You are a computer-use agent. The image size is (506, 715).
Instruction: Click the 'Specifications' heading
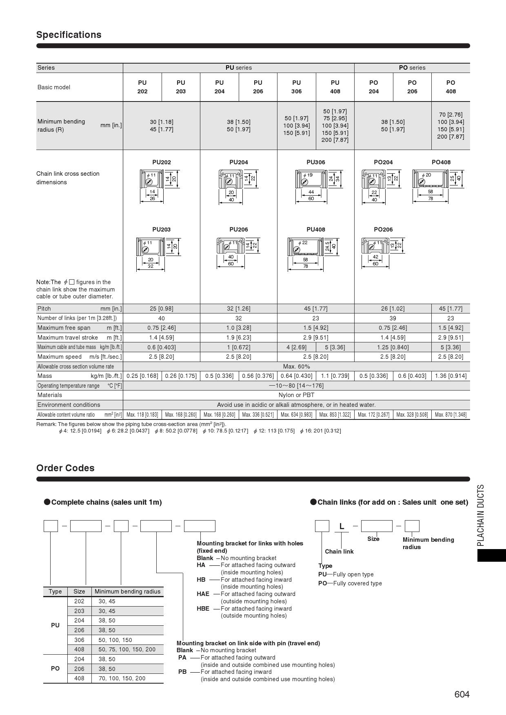pyautogui.click(x=69, y=35)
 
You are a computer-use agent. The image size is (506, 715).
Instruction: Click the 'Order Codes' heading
pyautogui.click(x=65, y=468)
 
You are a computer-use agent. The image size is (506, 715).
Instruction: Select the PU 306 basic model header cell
pyautogui.click(x=296, y=87)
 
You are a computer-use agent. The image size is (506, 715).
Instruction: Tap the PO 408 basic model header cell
pyautogui.click(x=451, y=87)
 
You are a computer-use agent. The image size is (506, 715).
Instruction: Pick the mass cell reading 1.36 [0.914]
pyautogui.click(x=451, y=376)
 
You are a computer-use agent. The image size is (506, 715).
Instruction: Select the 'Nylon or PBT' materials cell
pyautogui.click(x=296, y=395)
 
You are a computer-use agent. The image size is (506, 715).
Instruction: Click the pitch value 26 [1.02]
pyautogui.click(x=393, y=309)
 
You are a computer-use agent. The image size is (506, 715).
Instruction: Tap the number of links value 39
pyautogui.click(x=393, y=318)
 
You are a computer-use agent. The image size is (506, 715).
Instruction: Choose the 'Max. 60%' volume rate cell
pyautogui.click(x=296, y=366)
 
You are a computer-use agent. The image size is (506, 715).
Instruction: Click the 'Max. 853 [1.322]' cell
pyautogui.click(x=335, y=415)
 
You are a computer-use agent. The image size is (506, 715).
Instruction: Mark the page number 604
pyautogui.click(x=462, y=694)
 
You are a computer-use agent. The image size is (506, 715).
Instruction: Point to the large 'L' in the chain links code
pyautogui.click(x=342, y=526)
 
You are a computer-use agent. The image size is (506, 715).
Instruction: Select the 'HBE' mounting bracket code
pyautogui.click(x=203, y=609)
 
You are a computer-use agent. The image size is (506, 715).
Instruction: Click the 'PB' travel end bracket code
pyautogui.click(x=182, y=672)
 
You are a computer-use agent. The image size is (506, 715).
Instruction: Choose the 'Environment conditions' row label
pyautogui.click(x=69, y=405)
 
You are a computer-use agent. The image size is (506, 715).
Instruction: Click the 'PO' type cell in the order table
pyautogui.click(x=55, y=669)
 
